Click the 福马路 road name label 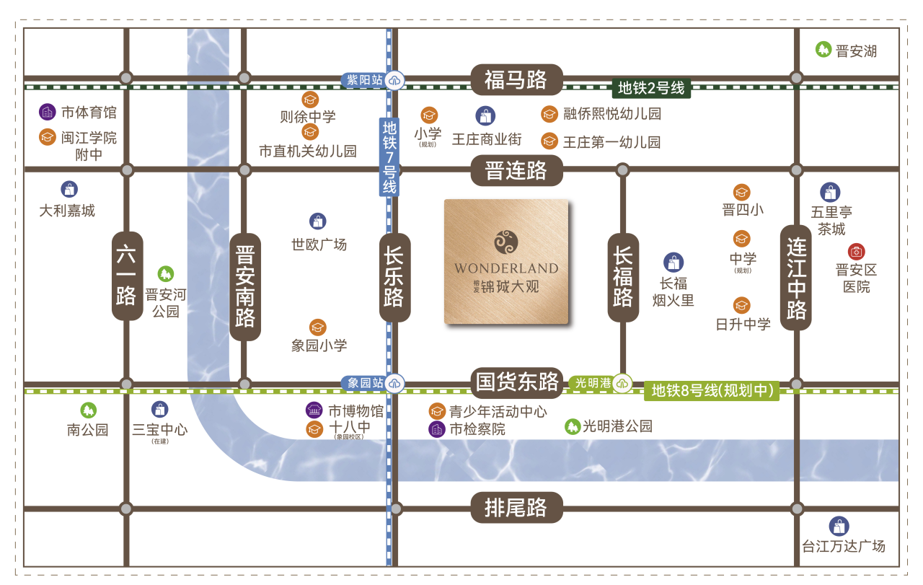[516, 79]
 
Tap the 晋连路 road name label [516, 171]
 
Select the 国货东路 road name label [517, 381]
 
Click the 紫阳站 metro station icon [394, 80]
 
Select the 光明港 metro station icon [623, 383]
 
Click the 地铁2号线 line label [651, 88]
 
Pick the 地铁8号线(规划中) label [712, 391]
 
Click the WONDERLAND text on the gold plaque [506, 268]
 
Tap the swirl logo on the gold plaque [506, 241]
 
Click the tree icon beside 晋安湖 [823, 50]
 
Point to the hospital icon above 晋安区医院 [856, 252]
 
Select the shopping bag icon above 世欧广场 [318, 221]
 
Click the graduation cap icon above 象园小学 [318, 327]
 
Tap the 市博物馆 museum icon [314, 410]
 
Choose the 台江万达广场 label [843, 546]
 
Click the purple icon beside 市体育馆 [47, 112]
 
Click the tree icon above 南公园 [88, 410]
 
